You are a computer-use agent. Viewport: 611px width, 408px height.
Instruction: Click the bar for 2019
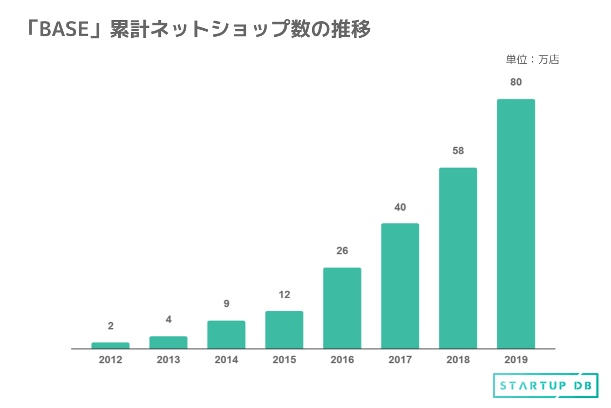pyautogui.click(x=515, y=224)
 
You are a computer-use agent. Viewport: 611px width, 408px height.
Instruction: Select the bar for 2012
pyautogui.click(x=110, y=345)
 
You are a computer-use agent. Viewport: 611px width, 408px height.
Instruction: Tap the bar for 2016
pyautogui.click(x=342, y=308)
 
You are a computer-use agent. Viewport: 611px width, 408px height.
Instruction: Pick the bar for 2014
pyautogui.click(x=226, y=335)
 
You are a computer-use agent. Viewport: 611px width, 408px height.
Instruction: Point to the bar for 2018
pyautogui.click(x=458, y=258)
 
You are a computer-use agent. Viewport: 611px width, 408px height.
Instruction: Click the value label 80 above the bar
pyautogui.click(x=515, y=82)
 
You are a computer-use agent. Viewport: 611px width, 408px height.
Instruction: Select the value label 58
pyautogui.click(x=458, y=151)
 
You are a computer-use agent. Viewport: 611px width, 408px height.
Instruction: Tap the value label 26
pyautogui.click(x=342, y=251)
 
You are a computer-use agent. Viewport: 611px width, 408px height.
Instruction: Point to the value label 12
pyautogui.click(x=284, y=295)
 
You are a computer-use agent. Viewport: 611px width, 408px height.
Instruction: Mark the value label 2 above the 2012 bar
pyautogui.click(x=110, y=326)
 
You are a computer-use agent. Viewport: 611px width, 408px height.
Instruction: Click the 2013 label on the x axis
pyautogui.click(x=168, y=360)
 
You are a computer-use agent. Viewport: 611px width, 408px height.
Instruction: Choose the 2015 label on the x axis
pyautogui.click(x=284, y=360)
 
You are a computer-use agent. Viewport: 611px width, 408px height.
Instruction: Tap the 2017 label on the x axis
pyautogui.click(x=400, y=360)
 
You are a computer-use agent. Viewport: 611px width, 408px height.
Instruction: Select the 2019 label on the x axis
pyautogui.click(x=515, y=360)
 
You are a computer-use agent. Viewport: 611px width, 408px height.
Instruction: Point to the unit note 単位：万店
pyautogui.click(x=532, y=60)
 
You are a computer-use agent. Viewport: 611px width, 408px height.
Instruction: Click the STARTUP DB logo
pyautogui.click(x=545, y=386)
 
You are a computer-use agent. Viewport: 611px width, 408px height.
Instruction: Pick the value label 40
pyautogui.click(x=400, y=207)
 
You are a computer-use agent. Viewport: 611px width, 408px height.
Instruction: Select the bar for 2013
pyautogui.click(x=168, y=343)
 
